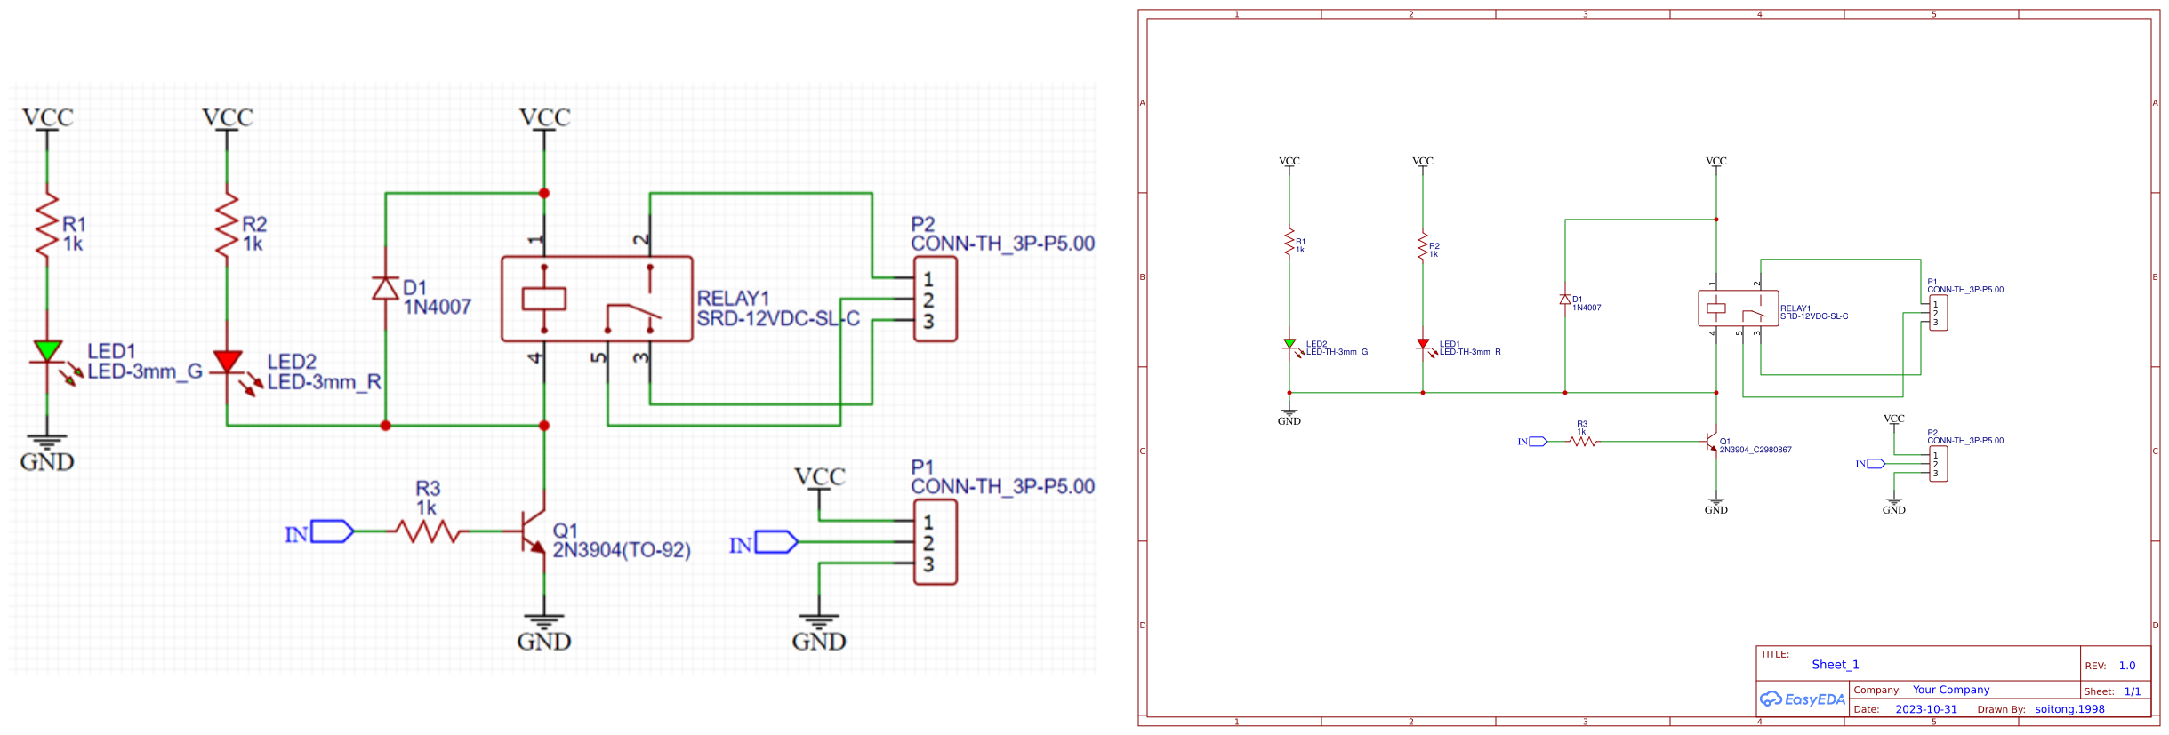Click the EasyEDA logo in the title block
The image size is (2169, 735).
pos(1803,699)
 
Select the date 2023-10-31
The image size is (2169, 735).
pos(1925,709)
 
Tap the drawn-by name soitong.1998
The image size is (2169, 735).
pos(2069,709)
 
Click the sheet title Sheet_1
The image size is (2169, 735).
pos(1835,665)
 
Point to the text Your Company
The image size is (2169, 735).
pos(1950,690)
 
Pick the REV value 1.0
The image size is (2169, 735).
pos(2126,666)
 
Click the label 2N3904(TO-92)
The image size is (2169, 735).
pos(621,550)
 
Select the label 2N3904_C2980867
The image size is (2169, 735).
pos(1755,450)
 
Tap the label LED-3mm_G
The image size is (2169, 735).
pos(144,371)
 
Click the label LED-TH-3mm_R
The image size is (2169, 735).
pos(1469,352)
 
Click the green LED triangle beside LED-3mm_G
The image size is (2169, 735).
pos(47,350)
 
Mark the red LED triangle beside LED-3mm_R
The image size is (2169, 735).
pos(228,361)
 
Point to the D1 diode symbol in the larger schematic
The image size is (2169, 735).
pos(385,288)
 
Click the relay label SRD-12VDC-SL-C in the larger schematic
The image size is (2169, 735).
pos(777,318)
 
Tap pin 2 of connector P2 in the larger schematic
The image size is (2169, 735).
pos(928,300)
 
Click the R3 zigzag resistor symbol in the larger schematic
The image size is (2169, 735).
pos(427,531)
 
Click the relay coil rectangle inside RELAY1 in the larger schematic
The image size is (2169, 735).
pos(543,298)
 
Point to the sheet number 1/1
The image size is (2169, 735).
pos(2132,691)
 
